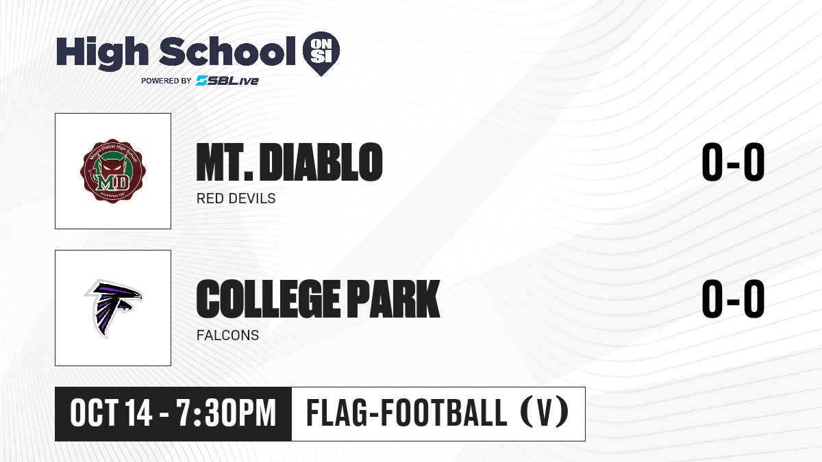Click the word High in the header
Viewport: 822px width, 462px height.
pos(102,53)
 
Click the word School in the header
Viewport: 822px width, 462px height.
pos(227,51)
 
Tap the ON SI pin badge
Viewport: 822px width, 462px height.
pos(321,53)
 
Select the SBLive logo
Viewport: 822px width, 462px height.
pos(227,81)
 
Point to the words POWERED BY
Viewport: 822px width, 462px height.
pos(166,81)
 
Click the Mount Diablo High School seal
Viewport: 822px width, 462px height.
pos(113,171)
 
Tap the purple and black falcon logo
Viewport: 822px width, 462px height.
pos(113,308)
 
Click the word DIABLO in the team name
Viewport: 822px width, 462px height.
pos(321,162)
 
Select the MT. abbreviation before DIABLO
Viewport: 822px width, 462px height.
pos(225,162)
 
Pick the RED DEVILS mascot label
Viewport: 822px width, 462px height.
pos(236,198)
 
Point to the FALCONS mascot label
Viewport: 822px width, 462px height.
pos(228,335)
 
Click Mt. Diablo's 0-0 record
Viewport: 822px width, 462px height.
pos(733,162)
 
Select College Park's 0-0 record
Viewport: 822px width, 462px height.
pos(733,298)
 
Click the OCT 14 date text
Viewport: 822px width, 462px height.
pos(111,413)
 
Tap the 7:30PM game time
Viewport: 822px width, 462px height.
pos(226,413)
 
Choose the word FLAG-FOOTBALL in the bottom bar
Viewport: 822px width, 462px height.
pos(407,413)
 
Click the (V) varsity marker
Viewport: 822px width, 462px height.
pos(544,413)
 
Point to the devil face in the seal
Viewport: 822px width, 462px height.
pos(113,169)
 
